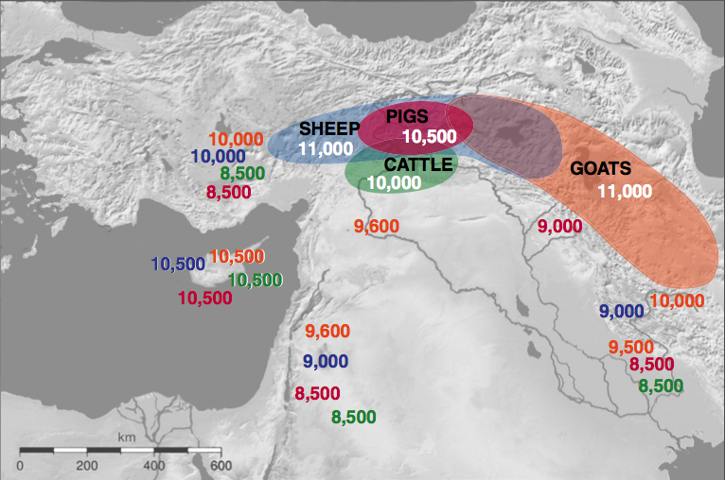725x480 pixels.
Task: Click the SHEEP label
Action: [329, 129]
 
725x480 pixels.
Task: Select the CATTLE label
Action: [418, 164]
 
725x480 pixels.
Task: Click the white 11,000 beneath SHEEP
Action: [326, 149]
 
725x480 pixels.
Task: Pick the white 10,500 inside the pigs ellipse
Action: [430, 136]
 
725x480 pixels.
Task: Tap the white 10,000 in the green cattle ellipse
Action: [393, 183]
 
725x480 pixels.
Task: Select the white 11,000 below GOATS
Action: [625, 191]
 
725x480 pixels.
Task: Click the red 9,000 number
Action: [559, 227]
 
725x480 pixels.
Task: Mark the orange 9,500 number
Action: [631, 347]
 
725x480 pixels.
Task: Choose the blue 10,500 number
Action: [178, 265]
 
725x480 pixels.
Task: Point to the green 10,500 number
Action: [256, 280]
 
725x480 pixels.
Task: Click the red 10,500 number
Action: [205, 298]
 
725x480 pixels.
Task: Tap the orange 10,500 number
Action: [236, 256]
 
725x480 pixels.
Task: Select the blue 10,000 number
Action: [219, 157]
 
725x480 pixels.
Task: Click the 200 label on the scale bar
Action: [87, 465]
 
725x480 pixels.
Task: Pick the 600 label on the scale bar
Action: [221, 465]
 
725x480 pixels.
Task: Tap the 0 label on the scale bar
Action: [20, 465]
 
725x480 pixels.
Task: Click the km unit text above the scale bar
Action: [127, 437]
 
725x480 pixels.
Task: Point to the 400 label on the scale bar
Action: [154, 465]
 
